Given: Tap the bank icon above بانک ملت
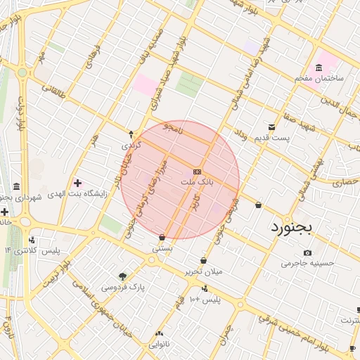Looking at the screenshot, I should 197,172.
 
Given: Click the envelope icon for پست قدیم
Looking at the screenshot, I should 272,127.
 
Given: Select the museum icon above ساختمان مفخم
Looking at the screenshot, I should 319,67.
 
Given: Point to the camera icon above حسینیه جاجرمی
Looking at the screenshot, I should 307,252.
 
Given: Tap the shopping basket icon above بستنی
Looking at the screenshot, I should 162,238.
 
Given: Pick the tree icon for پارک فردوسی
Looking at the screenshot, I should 123,276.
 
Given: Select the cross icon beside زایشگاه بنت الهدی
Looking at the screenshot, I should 77,184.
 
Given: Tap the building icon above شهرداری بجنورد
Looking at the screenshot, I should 16,186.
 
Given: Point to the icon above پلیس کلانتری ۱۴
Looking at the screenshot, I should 32,240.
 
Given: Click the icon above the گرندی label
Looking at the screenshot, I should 131,134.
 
